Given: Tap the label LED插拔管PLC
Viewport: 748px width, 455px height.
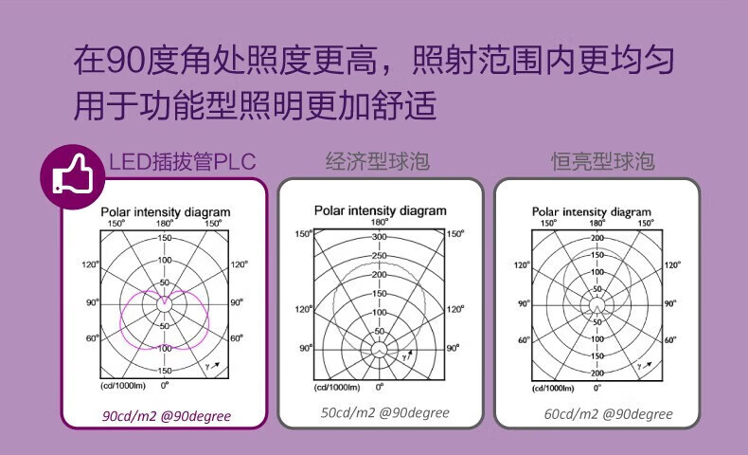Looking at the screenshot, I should [183, 161].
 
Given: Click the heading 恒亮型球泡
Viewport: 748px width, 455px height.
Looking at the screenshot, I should [603, 161].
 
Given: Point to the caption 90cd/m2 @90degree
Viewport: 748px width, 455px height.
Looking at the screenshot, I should [167, 416].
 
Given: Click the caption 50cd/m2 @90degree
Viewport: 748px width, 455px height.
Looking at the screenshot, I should [384, 412].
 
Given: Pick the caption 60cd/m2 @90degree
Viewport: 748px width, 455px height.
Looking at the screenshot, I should [609, 414].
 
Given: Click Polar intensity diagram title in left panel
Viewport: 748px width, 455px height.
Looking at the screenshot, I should [166, 212].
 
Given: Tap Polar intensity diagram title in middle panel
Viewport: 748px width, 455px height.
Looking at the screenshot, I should [380, 210].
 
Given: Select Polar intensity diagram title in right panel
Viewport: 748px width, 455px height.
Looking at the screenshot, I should [597, 212].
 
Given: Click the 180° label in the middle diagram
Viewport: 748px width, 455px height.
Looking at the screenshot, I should [380, 222].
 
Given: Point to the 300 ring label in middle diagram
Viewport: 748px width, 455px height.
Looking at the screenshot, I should [380, 236].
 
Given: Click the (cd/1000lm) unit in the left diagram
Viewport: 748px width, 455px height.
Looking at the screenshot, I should [124, 387].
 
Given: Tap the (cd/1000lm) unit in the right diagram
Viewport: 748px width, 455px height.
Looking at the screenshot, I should [554, 388].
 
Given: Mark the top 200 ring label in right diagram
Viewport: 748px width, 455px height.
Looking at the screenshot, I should [597, 238].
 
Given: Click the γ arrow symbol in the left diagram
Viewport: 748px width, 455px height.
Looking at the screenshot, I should [214, 365].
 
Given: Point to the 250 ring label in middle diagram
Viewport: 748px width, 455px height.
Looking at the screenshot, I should [380, 255].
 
